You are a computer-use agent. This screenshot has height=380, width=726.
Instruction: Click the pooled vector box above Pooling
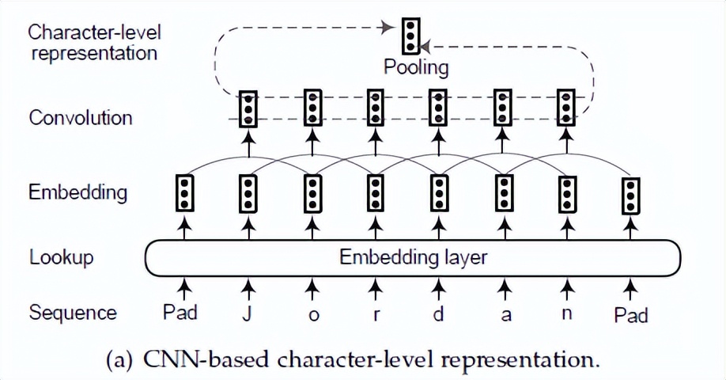click(x=409, y=34)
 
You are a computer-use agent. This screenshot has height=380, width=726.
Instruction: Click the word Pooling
click(x=416, y=66)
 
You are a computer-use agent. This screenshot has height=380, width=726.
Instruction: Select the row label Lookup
click(x=62, y=257)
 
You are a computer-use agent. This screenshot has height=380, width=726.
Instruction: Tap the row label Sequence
click(x=73, y=313)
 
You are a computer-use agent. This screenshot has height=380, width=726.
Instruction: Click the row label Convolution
click(x=81, y=118)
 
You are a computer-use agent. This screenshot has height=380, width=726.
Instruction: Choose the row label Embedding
click(x=78, y=192)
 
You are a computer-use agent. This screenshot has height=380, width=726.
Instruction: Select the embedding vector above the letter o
click(x=313, y=192)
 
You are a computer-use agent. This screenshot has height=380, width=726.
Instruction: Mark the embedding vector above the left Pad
click(x=183, y=192)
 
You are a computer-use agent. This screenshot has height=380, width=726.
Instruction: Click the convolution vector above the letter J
click(x=248, y=108)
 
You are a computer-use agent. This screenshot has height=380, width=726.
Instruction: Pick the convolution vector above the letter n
click(x=565, y=108)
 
